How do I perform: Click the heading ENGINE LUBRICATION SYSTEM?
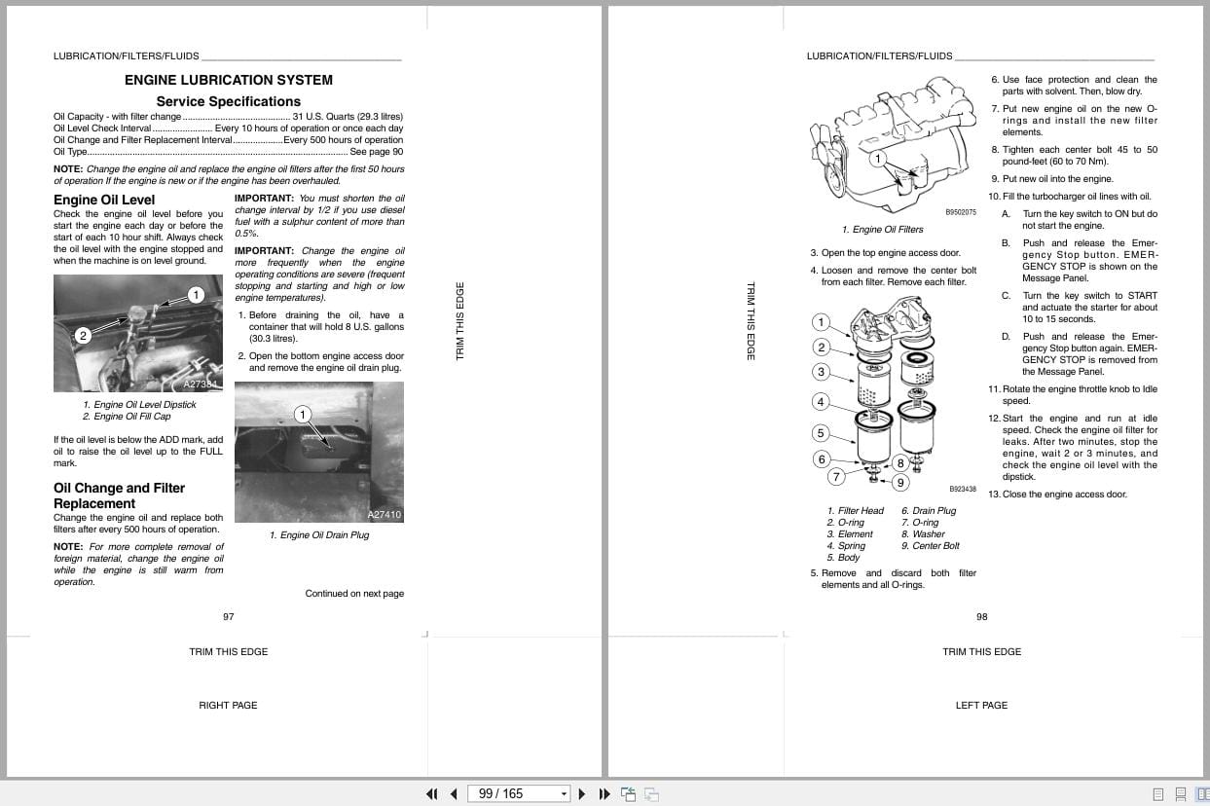(x=229, y=80)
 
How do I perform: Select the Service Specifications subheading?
(x=229, y=101)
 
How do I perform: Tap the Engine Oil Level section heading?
(x=104, y=200)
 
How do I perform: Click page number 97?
(x=229, y=616)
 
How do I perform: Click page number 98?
(x=981, y=616)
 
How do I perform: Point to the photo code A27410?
(x=384, y=514)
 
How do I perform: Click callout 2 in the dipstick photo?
(x=83, y=336)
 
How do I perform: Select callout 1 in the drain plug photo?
(x=302, y=415)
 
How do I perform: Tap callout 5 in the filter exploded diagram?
(x=821, y=433)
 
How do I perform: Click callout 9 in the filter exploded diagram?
(x=900, y=482)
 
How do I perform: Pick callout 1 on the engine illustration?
(x=877, y=158)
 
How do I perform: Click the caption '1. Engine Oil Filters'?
(x=882, y=230)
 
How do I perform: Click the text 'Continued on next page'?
(x=354, y=594)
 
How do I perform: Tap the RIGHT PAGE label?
(x=228, y=705)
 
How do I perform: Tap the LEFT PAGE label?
(x=981, y=705)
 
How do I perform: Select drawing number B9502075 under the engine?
(x=960, y=212)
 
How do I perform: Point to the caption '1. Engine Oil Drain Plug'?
(x=319, y=535)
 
